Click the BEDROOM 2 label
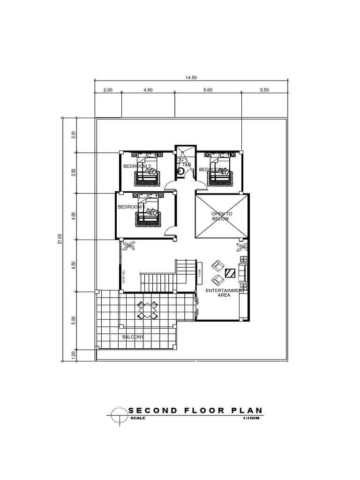[137, 166]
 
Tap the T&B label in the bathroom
[187, 165]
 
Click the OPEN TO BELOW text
[222, 216]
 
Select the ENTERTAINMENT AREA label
[225, 293]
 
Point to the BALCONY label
[133, 337]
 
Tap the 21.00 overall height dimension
[60, 239]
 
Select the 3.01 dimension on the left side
[73, 135]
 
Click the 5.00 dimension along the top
[208, 90]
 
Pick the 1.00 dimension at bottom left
[73, 355]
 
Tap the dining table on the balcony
[147, 309]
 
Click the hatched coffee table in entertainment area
[230, 273]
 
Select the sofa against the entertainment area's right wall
[243, 272]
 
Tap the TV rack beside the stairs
[200, 273]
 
